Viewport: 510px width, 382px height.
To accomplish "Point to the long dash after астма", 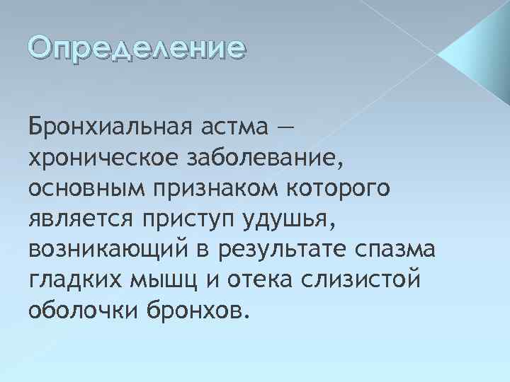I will pyautogui.click(x=285, y=129).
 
